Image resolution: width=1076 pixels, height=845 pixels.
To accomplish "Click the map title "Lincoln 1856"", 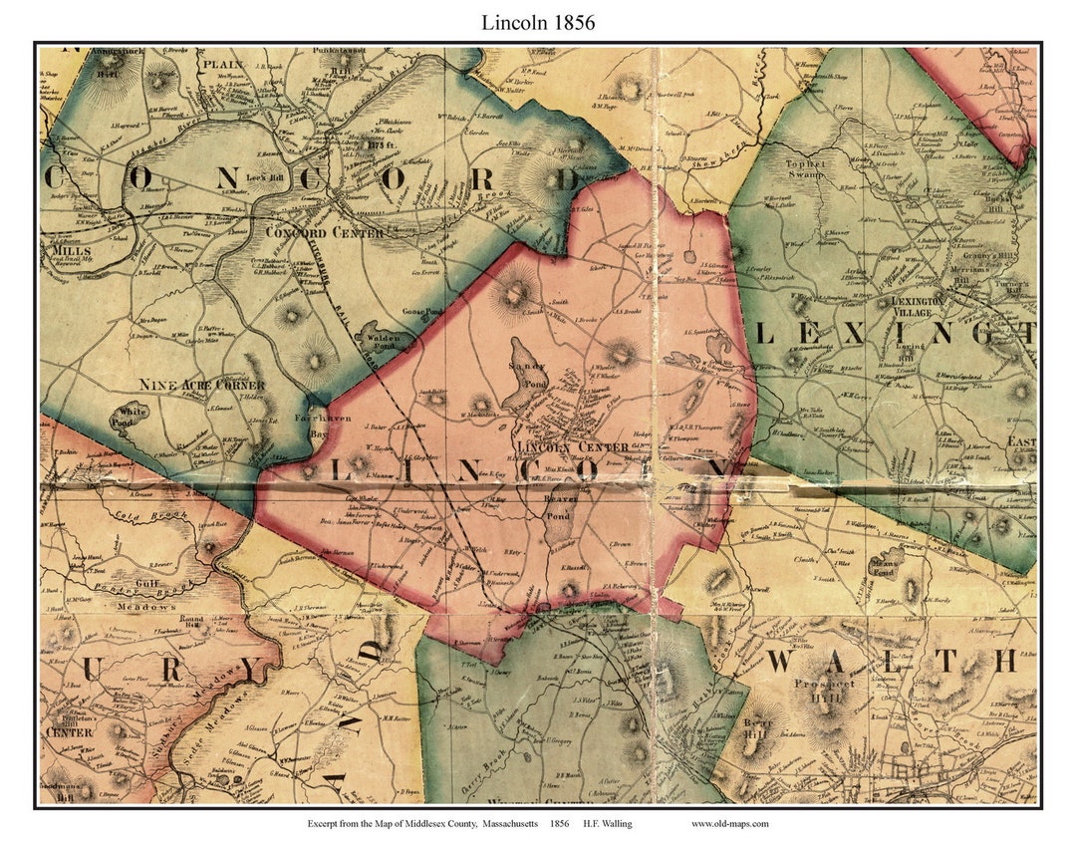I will point(537,22).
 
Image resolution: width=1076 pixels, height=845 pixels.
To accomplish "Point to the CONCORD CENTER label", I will point(310,232).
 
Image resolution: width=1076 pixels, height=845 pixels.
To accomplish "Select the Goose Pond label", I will point(421,312).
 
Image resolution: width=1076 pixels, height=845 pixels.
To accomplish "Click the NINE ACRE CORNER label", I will point(201,385).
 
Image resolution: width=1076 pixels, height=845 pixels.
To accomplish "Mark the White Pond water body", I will point(133,413).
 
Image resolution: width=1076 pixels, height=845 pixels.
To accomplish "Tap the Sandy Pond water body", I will point(523,374).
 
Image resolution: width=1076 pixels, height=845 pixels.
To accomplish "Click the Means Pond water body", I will point(882,567).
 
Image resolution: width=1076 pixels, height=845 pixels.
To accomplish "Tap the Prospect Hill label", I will point(824,690).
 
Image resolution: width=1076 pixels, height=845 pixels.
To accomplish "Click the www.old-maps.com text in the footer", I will point(729,823).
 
